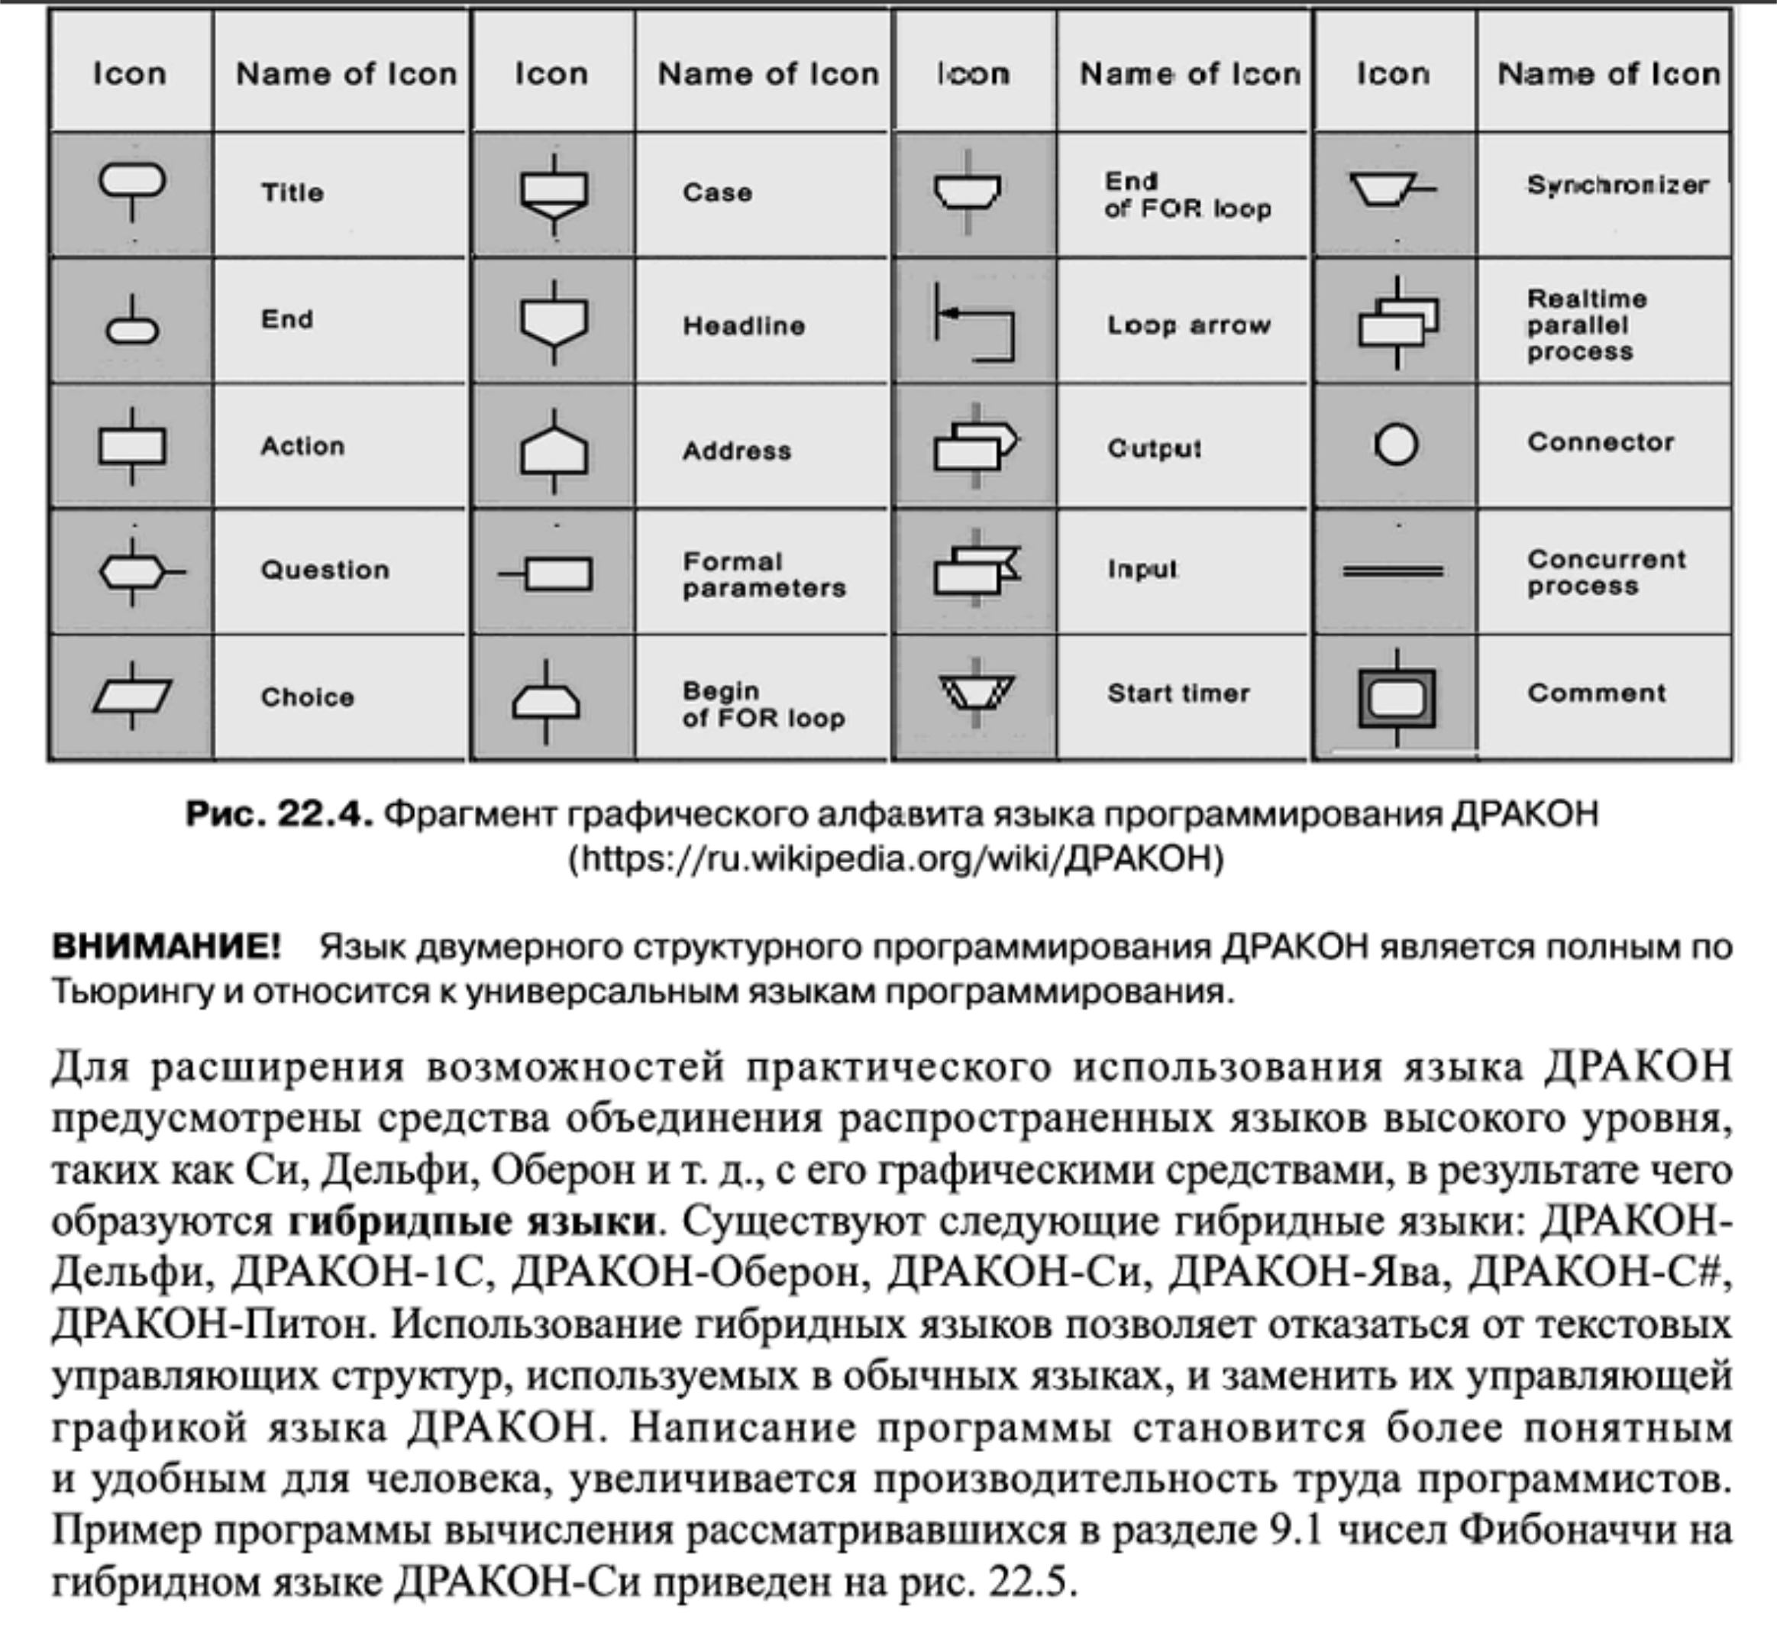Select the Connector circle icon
1396,445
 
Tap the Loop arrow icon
975,322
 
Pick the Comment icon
1396,697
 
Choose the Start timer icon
976,691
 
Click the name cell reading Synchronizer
1617,186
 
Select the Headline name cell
744,325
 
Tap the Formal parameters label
764,574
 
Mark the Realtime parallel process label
1586,325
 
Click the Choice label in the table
307,697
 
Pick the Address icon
554,451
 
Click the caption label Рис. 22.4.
278,813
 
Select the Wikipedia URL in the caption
897,858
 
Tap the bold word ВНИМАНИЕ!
166,946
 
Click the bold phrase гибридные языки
473,1221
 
